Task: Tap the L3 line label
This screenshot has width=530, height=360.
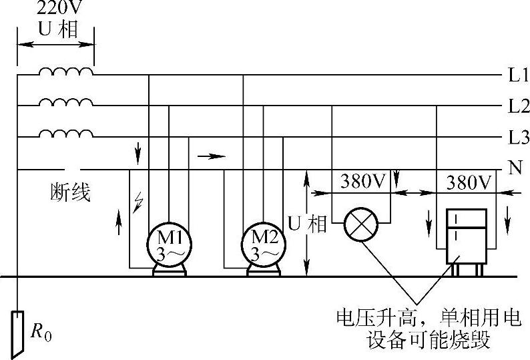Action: click(517, 138)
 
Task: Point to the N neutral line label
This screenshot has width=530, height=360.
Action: click(515, 168)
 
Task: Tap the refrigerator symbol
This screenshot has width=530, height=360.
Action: click(466, 238)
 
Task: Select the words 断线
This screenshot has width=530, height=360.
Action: click(71, 194)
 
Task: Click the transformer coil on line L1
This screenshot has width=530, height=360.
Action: click(65, 71)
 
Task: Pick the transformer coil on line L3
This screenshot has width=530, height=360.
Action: click(65, 134)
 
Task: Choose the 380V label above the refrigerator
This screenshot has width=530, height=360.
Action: click(470, 182)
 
